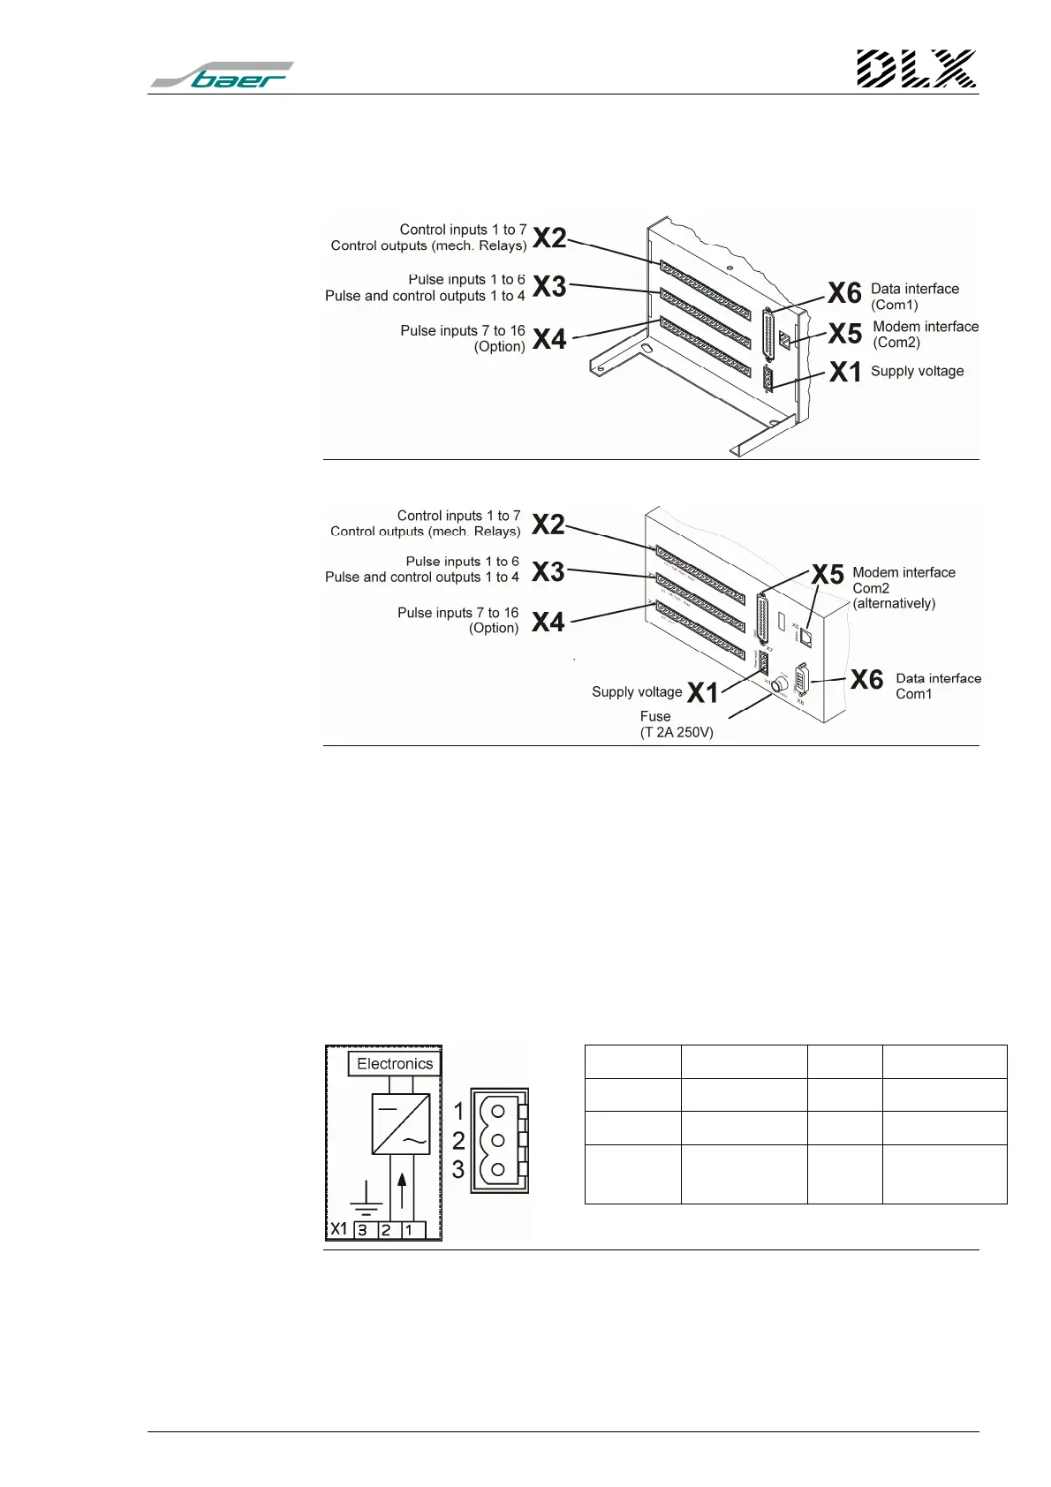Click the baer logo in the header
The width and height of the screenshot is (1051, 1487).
click(x=223, y=75)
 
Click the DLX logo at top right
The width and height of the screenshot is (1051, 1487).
click(x=916, y=69)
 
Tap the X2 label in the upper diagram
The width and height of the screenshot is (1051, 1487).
click(x=549, y=238)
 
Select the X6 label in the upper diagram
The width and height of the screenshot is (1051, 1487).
click(x=844, y=293)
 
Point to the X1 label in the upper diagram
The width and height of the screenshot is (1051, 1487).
click(x=845, y=373)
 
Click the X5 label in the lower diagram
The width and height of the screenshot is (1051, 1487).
click(x=828, y=575)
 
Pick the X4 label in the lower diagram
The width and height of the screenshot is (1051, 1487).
click(x=548, y=623)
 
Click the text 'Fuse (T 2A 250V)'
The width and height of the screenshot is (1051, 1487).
click(x=677, y=724)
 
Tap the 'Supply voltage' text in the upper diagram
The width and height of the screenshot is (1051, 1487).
click(x=917, y=371)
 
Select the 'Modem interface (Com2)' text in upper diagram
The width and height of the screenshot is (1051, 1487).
click(x=925, y=334)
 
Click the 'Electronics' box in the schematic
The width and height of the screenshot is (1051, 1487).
click(x=395, y=1064)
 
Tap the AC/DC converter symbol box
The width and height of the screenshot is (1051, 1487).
click(x=400, y=1124)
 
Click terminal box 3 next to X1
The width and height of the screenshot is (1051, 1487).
click(x=363, y=1229)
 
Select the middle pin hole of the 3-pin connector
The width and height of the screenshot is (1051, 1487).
click(x=498, y=1140)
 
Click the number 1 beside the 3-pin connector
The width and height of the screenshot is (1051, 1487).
click(x=458, y=1111)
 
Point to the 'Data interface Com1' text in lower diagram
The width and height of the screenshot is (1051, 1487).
click(x=938, y=686)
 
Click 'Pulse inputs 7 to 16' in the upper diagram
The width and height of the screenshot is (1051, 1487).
click(x=463, y=330)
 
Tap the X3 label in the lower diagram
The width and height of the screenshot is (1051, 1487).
click(x=548, y=572)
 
